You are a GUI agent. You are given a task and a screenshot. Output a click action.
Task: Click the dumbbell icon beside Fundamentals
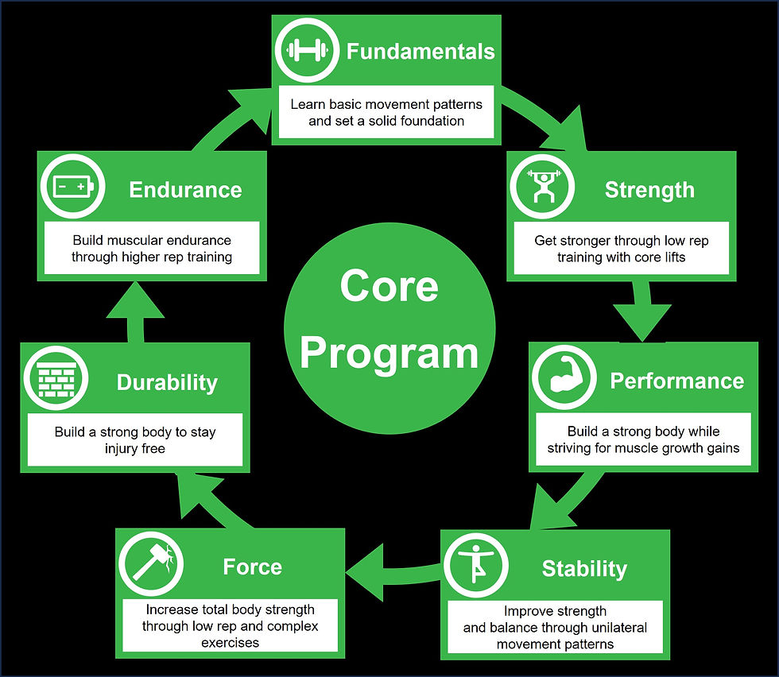(305, 51)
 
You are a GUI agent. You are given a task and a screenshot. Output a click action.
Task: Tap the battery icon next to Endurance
(72, 188)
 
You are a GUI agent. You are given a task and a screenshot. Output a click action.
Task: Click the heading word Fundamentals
(421, 52)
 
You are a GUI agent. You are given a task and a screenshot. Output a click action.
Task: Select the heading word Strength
(649, 190)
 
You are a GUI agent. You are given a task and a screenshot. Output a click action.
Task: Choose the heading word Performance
(676, 381)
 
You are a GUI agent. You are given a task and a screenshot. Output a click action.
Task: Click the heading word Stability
(584, 569)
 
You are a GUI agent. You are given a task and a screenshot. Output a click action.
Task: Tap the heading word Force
(252, 567)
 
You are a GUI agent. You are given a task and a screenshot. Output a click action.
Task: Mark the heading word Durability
(167, 382)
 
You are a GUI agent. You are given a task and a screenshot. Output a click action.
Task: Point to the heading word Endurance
(185, 190)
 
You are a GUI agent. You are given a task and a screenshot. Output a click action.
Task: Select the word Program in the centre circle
(389, 353)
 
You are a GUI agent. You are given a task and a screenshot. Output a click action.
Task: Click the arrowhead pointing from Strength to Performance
(643, 324)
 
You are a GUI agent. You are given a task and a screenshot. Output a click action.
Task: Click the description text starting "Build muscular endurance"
(152, 248)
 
